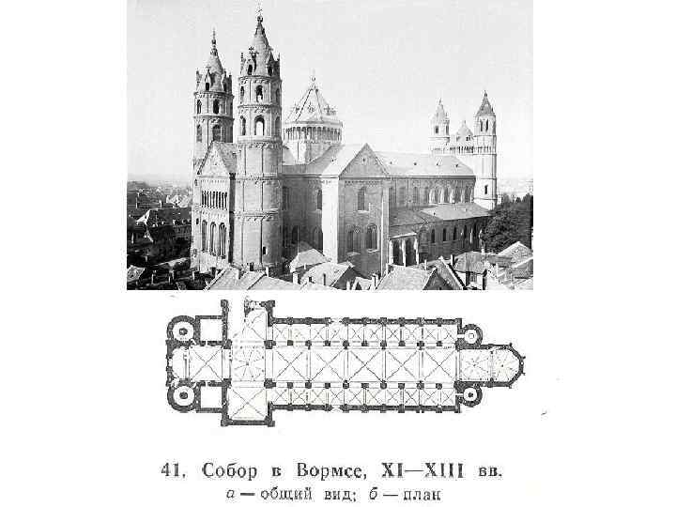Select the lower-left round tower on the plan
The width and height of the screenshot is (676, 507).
(x=179, y=394)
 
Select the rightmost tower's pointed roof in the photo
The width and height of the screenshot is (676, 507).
(x=485, y=105)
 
